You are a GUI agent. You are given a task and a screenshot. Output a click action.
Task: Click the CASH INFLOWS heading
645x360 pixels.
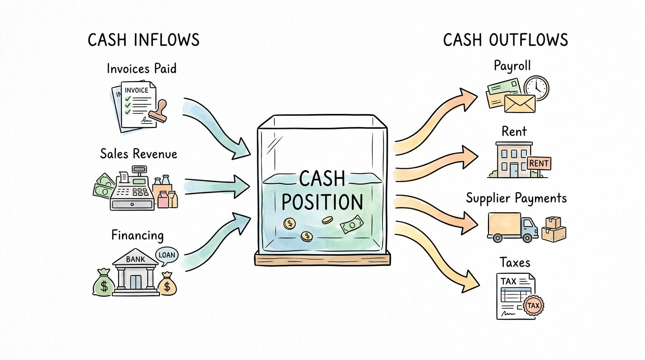point(143,40)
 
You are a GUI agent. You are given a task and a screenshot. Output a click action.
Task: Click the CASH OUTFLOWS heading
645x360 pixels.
point(505,40)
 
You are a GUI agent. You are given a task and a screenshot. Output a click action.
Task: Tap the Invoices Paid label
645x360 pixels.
point(142,69)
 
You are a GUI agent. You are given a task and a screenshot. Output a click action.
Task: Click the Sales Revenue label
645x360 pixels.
point(139,154)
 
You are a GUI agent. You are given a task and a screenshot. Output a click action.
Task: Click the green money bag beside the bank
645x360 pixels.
point(103,282)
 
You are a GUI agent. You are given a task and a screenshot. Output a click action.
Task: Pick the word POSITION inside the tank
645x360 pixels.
point(322,202)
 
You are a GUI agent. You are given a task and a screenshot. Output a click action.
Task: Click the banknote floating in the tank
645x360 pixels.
point(352,225)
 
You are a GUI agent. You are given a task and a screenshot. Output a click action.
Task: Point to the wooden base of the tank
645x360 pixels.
point(322,258)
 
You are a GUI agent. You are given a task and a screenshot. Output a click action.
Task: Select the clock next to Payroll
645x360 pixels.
point(536,88)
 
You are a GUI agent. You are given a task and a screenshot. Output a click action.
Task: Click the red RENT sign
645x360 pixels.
point(539,163)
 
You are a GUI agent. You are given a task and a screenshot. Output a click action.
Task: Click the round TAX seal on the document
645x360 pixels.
point(533,306)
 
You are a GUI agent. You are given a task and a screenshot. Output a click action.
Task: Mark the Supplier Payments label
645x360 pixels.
point(516,198)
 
